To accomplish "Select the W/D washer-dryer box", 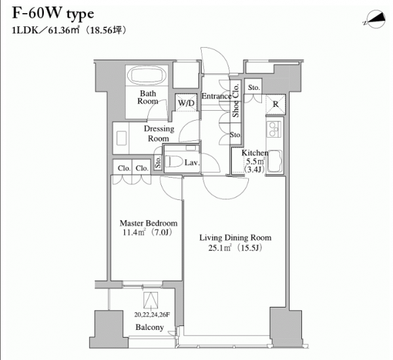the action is click(x=186, y=102).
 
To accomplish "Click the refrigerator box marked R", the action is click(x=276, y=104).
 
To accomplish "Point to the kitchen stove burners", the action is click(x=274, y=129).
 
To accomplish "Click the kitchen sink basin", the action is click(x=274, y=161).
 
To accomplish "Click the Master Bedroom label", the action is click(x=149, y=223).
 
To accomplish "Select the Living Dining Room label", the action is click(x=235, y=237).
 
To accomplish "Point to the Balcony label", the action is click(x=149, y=327).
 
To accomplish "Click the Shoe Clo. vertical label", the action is click(x=236, y=100).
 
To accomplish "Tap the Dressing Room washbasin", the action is click(x=122, y=138).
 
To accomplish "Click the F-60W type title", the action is click(x=53, y=13).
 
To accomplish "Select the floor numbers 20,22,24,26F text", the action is click(x=152, y=315).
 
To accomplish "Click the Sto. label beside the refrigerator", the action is click(x=253, y=88).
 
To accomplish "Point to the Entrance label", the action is click(x=217, y=96).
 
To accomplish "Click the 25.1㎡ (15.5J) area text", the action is click(x=235, y=248).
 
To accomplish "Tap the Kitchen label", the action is click(x=255, y=153).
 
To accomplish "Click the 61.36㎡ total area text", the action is click(x=64, y=30).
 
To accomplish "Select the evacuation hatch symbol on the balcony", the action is click(x=151, y=300).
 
